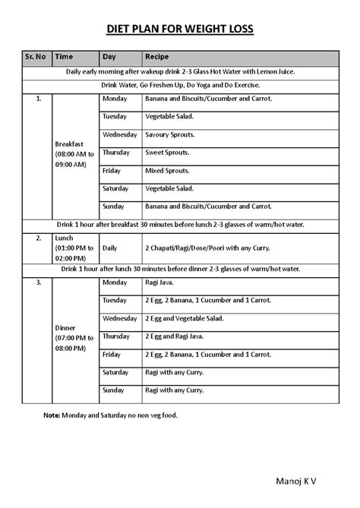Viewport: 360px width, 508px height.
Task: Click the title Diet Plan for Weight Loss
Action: [x=180, y=30]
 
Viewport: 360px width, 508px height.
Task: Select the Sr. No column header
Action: [x=36, y=56]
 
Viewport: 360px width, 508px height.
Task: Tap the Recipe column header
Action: [x=157, y=56]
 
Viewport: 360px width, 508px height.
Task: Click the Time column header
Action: [x=65, y=56]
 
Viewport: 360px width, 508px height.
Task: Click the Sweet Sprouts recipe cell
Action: [x=169, y=152]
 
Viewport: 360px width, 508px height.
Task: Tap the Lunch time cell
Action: [x=74, y=248]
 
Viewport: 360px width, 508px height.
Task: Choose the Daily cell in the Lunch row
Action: [x=110, y=248]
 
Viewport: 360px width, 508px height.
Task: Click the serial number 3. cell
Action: [x=37, y=282]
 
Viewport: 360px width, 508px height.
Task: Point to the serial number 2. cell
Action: [x=37, y=238]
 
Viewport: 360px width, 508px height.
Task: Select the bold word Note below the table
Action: [x=52, y=415]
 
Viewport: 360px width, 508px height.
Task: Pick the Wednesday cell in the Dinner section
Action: [x=119, y=318]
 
